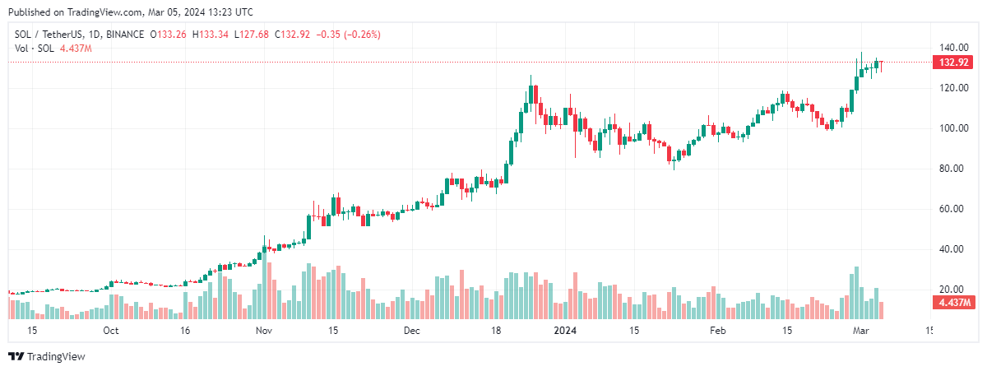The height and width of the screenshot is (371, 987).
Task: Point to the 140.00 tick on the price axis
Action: pyautogui.click(x=953, y=48)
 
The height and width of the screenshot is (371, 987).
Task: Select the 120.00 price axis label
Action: pyautogui.click(x=953, y=88)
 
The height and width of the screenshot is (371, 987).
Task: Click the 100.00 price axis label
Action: pyautogui.click(x=953, y=128)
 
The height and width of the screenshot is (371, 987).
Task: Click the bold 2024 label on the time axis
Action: pyautogui.click(x=565, y=331)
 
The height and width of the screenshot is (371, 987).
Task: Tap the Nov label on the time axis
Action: pyautogui.click(x=263, y=331)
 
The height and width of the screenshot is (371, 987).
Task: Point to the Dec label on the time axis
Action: pyautogui.click(x=412, y=331)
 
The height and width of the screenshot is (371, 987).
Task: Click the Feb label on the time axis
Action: pyautogui.click(x=718, y=331)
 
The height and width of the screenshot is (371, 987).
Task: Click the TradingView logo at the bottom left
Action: pyautogui.click(x=47, y=356)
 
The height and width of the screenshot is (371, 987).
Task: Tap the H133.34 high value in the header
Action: pyautogui.click(x=211, y=35)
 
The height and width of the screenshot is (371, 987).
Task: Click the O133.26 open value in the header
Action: pyautogui.click(x=169, y=35)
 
